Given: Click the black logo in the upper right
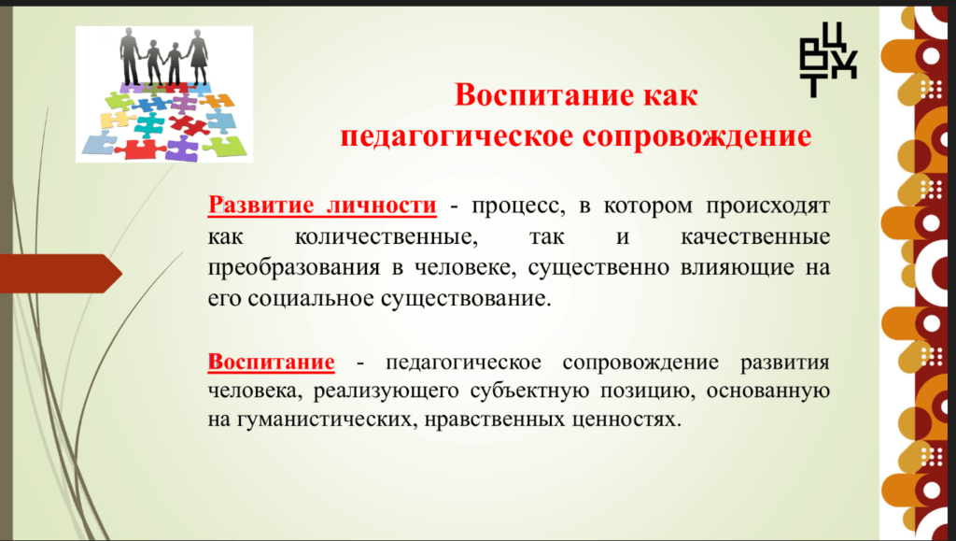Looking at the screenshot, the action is pos(827,59).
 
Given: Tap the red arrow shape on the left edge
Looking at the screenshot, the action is pos(61,273).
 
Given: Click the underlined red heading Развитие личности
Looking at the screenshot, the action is pos(322,206).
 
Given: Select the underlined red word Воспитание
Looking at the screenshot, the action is pos(272,362).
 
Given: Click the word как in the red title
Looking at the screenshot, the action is pos(668,95).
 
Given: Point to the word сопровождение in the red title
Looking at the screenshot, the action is pos(696,135).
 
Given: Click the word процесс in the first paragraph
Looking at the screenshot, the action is pos(518,206).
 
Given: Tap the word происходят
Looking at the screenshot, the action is pos(768,206).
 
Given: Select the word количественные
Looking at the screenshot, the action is pos(387,236).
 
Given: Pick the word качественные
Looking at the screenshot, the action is pos(755,236).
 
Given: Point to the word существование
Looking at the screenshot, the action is pos(466,299).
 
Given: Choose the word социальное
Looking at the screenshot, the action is pos(306,299).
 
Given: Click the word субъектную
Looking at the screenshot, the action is pos(529,391).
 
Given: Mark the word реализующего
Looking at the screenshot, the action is pos(386,391).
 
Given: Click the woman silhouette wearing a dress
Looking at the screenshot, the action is pos(198,57).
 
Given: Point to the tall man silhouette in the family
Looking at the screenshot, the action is pos(131,56).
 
